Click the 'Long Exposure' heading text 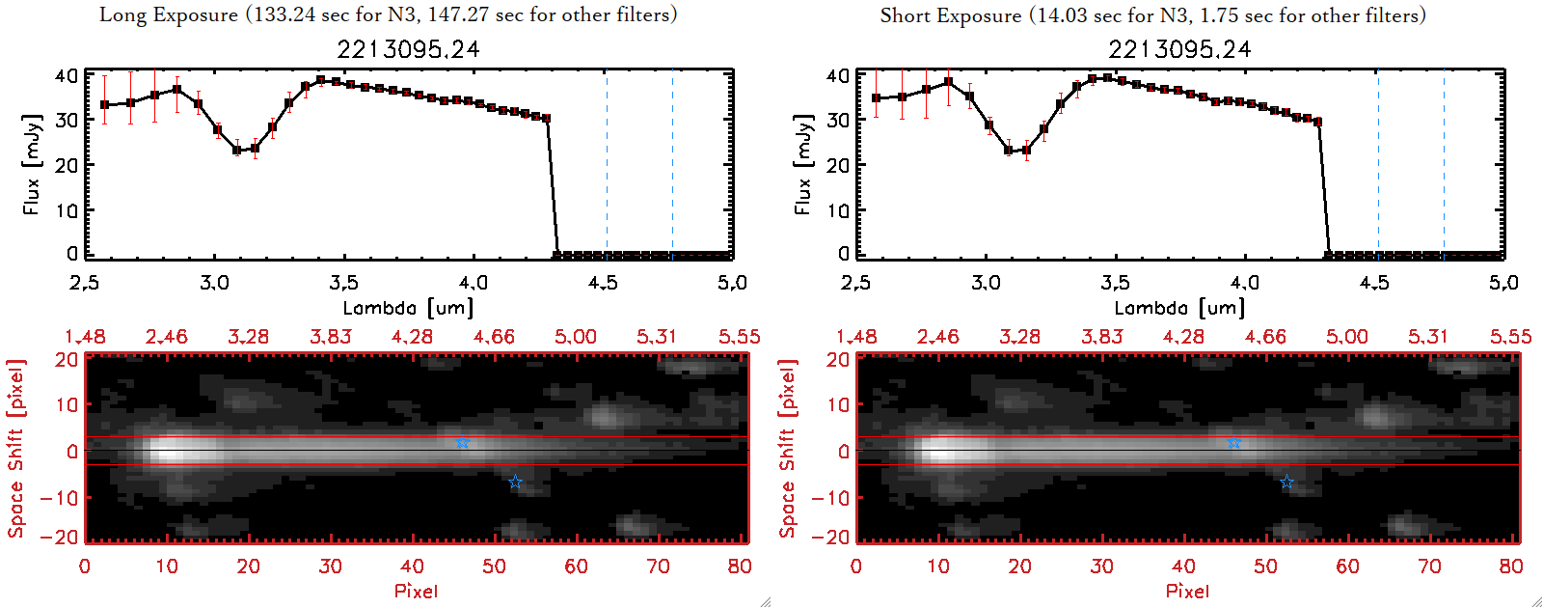coord(169,14)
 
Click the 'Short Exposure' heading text coord(950,15)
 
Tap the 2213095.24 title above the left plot coord(408,49)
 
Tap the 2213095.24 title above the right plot coord(1179,49)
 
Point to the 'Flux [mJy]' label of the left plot coord(32,164)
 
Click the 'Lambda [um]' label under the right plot coord(1179,308)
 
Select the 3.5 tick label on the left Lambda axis coord(343,283)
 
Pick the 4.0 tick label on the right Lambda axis coord(1245,283)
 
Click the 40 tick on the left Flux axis coord(66,75)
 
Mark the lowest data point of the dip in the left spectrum coord(237,151)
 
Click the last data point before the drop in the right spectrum coord(1318,122)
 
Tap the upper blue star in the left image coord(463,443)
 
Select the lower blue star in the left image coord(515,482)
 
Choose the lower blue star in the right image coord(1286,482)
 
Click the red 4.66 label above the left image coord(494,337)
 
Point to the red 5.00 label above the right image coord(1346,337)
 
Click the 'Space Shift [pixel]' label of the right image coord(788,449)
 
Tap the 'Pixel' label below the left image coord(416,591)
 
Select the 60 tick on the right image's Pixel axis coord(1347,567)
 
